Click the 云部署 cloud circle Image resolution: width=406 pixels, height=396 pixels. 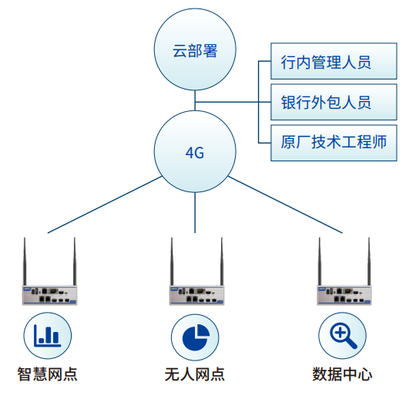click(x=196, y=52)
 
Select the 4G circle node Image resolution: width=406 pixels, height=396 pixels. click(x=195, y=152)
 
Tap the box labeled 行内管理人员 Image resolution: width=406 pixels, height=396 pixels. click(x=326, y=62)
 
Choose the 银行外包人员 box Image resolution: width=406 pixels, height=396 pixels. click(x=326, y=102)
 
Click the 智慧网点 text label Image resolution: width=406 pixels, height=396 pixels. click(x=48, y=375)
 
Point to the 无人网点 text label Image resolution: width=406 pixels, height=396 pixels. click(x=195, y=375)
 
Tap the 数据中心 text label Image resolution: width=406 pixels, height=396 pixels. click(x=343, y=375)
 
